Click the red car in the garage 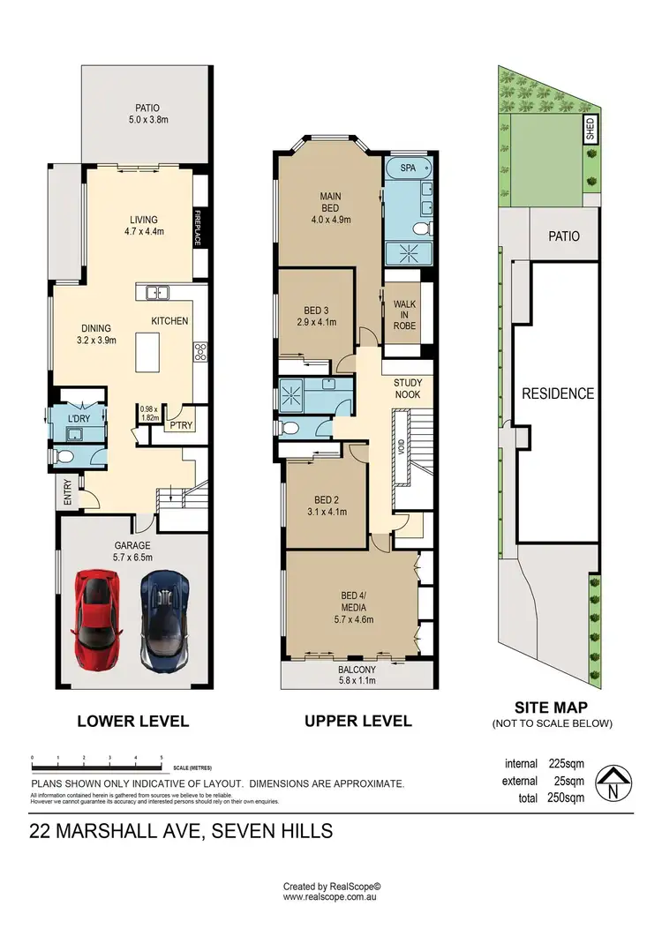coord(95,610)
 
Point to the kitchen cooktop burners coord(200,351)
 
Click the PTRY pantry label coord(184,426)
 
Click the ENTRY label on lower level coord(67,491)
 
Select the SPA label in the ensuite coord(407,167)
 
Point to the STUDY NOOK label coord(408,388)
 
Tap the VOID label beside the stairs coord(402,450)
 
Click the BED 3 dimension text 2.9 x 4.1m coord(315,322)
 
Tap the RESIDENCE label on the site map coord(556,393)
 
